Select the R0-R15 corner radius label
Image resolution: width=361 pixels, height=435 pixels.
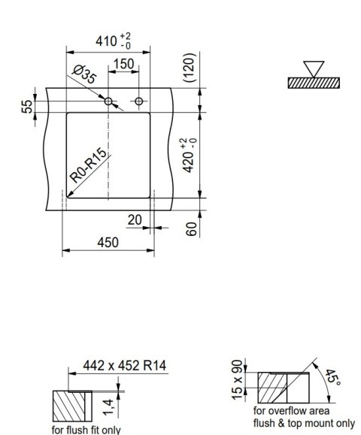tap(89, 167)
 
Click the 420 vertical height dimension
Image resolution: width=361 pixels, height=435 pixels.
tap(191, 154)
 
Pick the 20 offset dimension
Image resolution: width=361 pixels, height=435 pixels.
tap(134, 219)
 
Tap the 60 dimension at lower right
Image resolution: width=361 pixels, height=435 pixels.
tap(191, 228)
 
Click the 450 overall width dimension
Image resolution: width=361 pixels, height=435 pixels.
tap(108, 242)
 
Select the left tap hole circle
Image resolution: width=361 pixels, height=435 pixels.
tap(109, 101)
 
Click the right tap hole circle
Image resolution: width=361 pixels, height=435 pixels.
tap(141, 101)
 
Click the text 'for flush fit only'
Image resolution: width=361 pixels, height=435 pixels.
tap(86, 430)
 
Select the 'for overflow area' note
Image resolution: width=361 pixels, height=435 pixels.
tap(290, 411)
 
